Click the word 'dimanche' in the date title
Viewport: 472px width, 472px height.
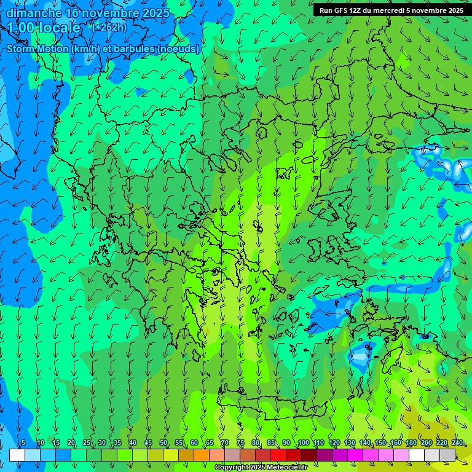(x=34, y=13)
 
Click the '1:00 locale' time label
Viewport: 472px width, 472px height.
(x=44, y=28)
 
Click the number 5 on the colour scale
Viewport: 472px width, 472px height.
(x=23, y=442)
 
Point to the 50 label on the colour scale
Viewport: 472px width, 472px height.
(x=163, y=442)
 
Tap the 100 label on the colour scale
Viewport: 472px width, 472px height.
(x=304, y=442)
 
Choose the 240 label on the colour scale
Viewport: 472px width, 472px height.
(x=457, y=442)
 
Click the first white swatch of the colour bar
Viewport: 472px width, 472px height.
(x=17, y=455)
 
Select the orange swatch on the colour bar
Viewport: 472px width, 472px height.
(x=202, y=455)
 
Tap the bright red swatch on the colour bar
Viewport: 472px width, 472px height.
(x=278, y=455)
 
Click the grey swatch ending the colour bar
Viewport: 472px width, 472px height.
(x=447, y=455)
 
